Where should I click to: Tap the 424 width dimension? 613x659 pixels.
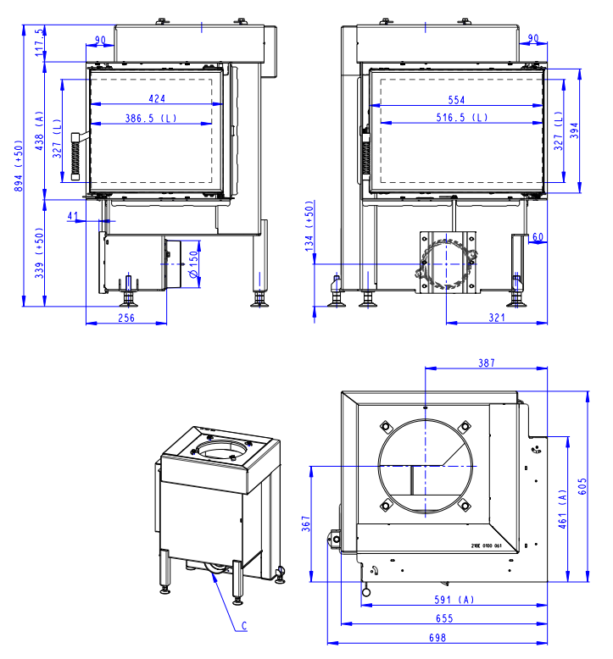coord(157,97)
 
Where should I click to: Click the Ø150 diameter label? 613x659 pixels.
coord(193,266)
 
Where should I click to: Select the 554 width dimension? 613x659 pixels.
coord(457,100)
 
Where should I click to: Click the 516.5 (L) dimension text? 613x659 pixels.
coord(456,118)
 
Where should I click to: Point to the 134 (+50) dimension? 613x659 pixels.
coord(309,227)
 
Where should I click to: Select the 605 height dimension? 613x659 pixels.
coord(582,486)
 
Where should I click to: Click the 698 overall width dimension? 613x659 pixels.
coord(437,637)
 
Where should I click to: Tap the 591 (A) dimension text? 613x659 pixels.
coord(454,600)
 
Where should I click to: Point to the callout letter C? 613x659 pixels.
coord(244,628)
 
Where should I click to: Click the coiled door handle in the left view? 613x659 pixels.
coord(77,156)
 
